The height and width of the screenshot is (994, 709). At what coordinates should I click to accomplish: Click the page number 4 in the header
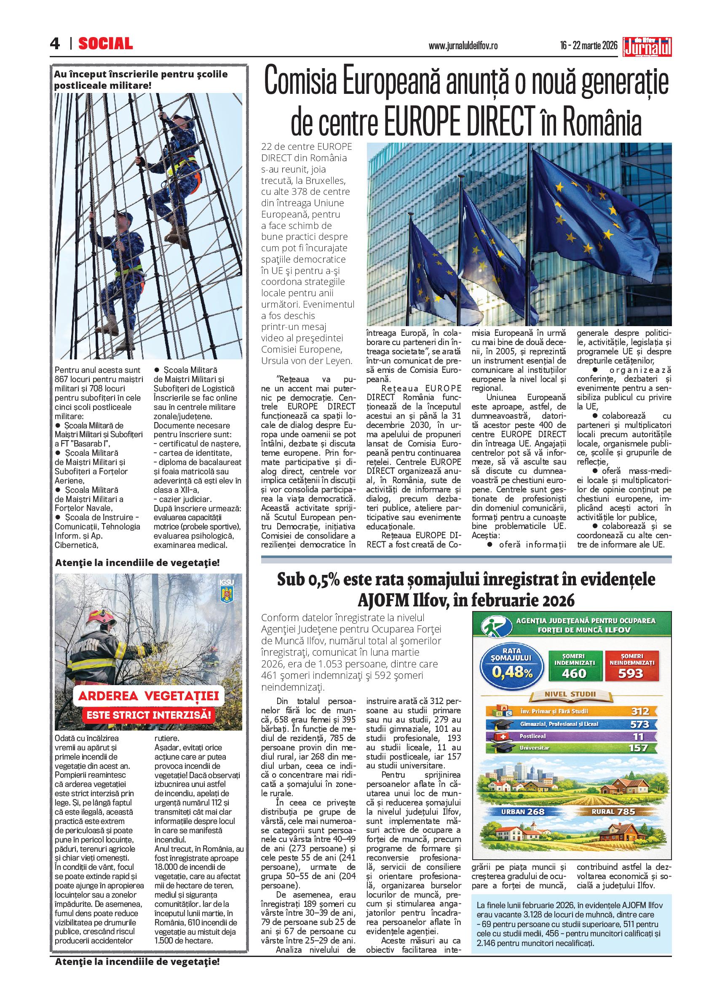pyautogui.click(x=55, y=44)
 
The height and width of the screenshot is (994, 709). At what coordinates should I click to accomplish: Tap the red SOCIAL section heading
pyautogui.click(x=105, y=44)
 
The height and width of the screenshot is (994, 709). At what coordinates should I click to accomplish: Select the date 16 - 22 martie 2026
pyautogui.click(x=589, y=45)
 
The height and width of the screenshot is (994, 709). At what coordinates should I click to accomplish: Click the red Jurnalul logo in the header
pyautogui.click(x=647, y=47)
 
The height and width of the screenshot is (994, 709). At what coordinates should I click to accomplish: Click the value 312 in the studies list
pyautogui.click(x=640, y=711)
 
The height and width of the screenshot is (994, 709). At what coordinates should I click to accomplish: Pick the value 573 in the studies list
pyautogui.click(x=640, y=724)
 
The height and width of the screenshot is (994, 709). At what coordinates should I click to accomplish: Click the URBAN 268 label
pyautogui.click(x=522, y=812)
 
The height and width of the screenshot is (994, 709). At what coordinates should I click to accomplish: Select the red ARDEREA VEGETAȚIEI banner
pyautogui.click(x=148, y=696)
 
